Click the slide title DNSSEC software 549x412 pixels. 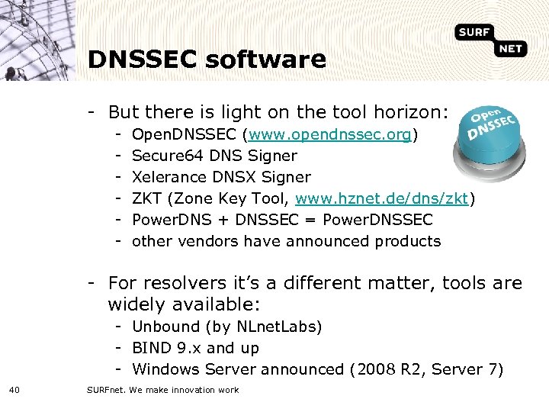coord(207,60)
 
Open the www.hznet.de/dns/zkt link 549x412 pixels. coord(383,199)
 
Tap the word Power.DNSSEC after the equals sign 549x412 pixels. coord(378,220)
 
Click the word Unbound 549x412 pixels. coord(165,327)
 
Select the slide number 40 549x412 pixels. coord(15,391)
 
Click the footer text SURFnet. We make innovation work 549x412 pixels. coord(162,391)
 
